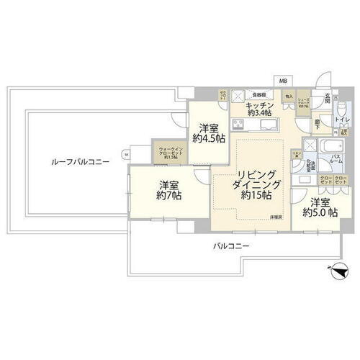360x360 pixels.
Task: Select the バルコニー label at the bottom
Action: tap(230, 246)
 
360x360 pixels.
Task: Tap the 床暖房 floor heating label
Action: tap(276, 216)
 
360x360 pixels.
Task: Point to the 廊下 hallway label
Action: tap(318, 123)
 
